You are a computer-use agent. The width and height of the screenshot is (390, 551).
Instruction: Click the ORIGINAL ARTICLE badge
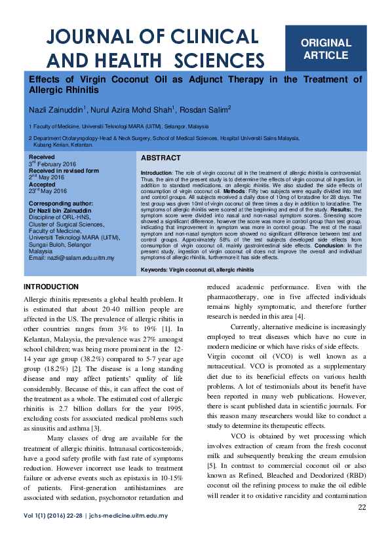[x=326, y=49]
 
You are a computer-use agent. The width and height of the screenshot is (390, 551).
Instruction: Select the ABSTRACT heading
[x=161, y=158]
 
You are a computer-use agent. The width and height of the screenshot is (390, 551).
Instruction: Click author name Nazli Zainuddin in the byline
[x=54, y=109]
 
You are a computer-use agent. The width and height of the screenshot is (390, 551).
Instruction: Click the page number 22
[x=361, y=508]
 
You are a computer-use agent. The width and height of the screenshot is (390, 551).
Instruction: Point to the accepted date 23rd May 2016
[x=48, y=191]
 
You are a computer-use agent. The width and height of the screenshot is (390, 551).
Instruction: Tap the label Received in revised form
[x=64, y=170]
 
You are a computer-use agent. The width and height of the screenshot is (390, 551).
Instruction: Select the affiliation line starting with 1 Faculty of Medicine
[x=119, y=126]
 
